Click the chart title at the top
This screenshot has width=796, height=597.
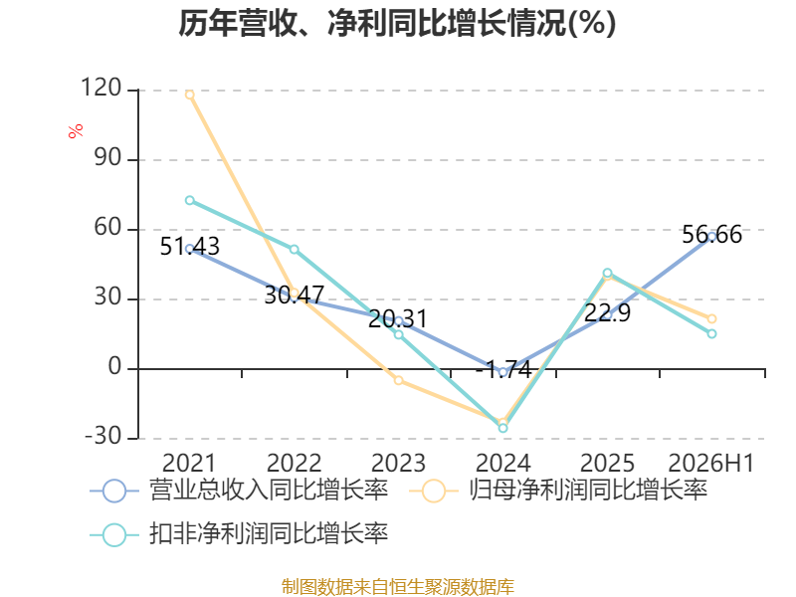point(397,23)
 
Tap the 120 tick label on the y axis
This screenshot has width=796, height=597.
point(101,89)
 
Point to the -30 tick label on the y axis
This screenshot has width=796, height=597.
point(102,436)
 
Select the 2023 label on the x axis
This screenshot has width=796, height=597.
point(399,463)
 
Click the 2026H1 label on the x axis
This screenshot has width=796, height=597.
point(711,463)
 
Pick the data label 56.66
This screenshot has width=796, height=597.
point(711,235)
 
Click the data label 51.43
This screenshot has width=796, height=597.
point(190,247)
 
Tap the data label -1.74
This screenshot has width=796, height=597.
point(503,369)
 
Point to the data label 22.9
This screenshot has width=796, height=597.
point(607,312)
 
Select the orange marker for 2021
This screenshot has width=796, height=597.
point(190,95)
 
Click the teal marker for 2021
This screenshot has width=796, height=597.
point(190,201)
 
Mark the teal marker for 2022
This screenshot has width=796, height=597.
point(295,250)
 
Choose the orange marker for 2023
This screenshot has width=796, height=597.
point(399,380)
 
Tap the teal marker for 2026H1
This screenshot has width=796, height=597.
point(711,333)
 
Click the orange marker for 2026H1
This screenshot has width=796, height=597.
point(711,318)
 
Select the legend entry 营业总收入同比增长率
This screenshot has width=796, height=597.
point(239,491)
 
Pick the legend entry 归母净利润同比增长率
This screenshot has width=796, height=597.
point(558,491)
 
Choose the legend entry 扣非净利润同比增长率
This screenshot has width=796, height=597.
point(239,534)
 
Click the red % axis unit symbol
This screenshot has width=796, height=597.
point(76,131)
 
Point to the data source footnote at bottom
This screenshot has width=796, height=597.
point(398,586)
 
